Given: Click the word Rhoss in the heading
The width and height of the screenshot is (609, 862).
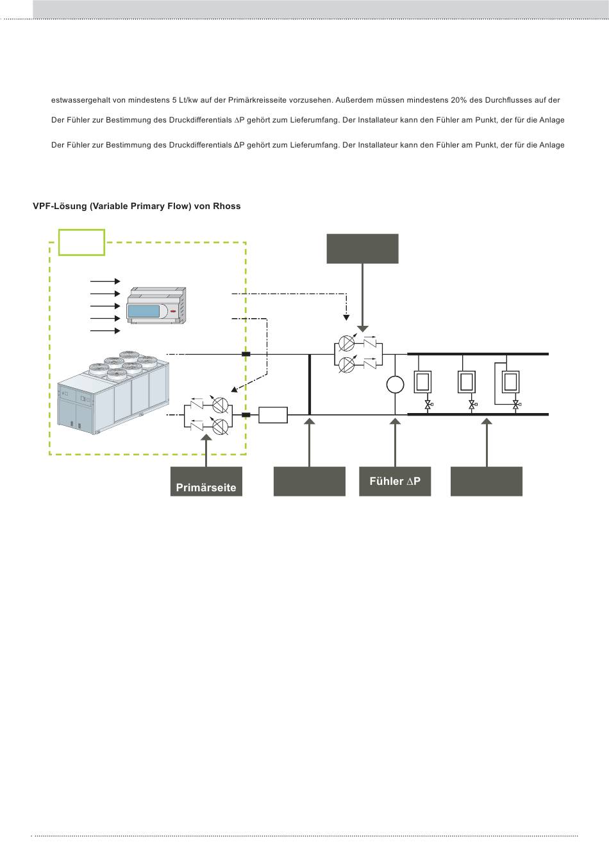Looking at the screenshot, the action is pyautogui.click(x=226, y=207).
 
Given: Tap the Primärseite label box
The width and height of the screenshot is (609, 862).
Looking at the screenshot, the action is pyautogui.click(x=206, y=482).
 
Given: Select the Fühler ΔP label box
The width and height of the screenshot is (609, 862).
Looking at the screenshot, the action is pyautogui.click(x=395, y=482).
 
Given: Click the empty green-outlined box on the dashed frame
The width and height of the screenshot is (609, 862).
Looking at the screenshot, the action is pyautogui.click(x=81, y=242).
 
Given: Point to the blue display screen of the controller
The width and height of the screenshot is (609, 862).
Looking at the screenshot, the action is pyautogui.click(x=144, y=311).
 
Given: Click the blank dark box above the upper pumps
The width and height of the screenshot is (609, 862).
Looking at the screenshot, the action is pyautogui.click(x=362, y=249).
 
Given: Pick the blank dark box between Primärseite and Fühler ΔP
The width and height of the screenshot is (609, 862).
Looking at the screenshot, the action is pyautogui.click(x=310, y=482).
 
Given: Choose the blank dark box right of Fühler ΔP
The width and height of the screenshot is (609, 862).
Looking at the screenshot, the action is pyautogui.click(x=487, y=482).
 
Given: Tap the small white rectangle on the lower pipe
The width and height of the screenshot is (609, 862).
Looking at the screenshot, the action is pyautogui.click(x=273, y=415).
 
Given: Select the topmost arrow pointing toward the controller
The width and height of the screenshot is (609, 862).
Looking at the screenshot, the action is pyautogui.click(x=105, y=282).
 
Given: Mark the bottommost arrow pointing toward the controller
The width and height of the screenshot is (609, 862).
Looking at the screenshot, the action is pyautogui.click(x=105, y=330).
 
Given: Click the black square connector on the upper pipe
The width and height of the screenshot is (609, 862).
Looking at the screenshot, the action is pyautogui.click(x=246, y=354).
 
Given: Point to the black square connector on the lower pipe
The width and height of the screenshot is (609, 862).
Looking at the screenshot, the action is pyautogui.click(x=246, y=415).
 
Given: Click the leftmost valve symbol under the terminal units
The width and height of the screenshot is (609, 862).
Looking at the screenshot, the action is pyautogui.click(x=428, y=405).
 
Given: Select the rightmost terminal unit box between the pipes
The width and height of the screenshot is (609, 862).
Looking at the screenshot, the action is pyautogui.click(x=511, y=382).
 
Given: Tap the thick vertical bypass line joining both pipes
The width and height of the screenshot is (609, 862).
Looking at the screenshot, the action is pyautogui.click(x=310, y=384).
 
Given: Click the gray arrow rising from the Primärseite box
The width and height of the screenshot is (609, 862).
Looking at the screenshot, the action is pyautogui.click(x=206, y=451).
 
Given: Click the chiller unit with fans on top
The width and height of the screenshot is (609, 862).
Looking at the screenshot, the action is pyautogui.click(x=113, y=393).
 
